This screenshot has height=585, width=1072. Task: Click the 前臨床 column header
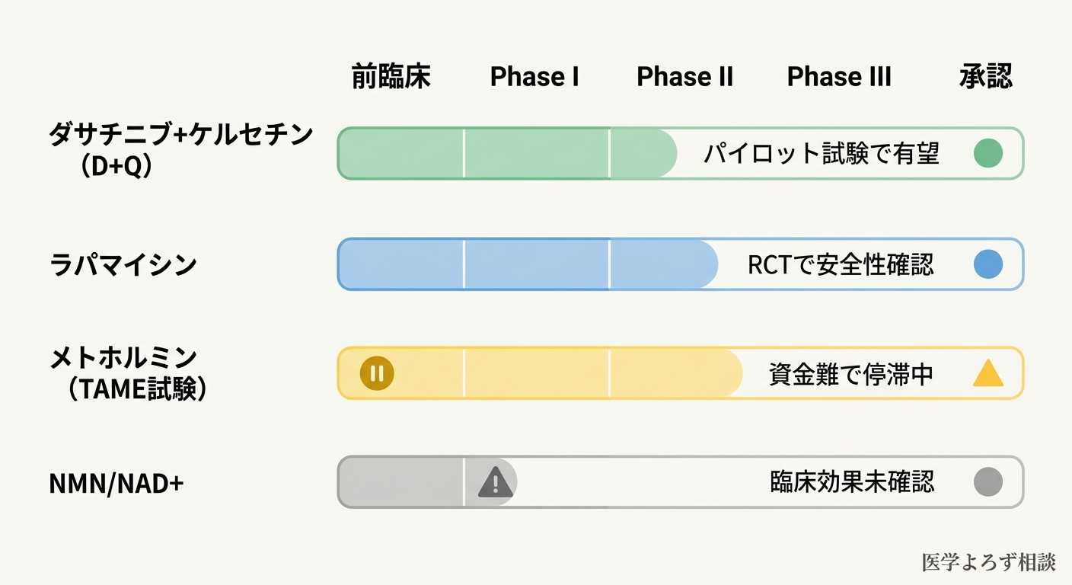click(391, 77)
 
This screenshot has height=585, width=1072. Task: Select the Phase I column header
click(534, 77)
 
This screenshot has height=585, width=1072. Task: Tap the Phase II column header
click(684, 77)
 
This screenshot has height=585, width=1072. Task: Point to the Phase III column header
click(839, 77)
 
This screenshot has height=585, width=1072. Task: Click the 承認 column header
click(986, 77)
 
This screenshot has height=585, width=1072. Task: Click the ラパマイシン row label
click(123, 265)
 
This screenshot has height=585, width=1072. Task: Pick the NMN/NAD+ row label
click(116, 483)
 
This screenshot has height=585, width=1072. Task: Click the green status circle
click(988, 153)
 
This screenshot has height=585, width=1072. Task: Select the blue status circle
click(988, 265)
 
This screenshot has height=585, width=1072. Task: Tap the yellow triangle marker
click(988, 374)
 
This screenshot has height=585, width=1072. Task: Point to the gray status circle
click(988, 482)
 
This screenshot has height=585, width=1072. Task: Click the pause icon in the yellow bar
click(376, 373)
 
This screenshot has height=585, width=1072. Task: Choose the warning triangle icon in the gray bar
click(496, 482)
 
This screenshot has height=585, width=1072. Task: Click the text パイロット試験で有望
click(821, 154)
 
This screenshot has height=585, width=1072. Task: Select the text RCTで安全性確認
click(841, 265)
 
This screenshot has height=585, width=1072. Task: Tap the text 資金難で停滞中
click(850, 374)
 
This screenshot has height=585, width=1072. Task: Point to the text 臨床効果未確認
click(852, 482)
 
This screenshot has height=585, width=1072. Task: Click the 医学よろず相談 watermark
click(988, 562)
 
